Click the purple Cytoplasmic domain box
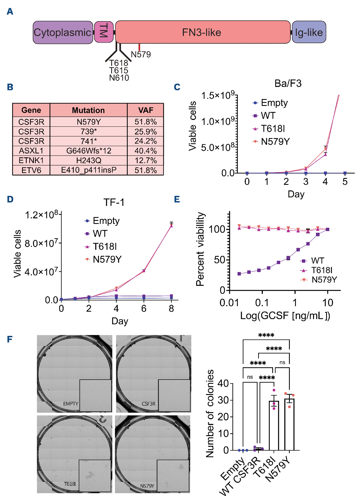[63, 32]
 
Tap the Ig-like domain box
[309, 32]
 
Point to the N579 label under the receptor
[141, 54]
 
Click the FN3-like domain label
[201, 32]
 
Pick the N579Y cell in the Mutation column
[89, 122]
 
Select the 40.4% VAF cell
[146, 151]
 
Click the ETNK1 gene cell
[31, 160]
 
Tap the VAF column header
[146, 110]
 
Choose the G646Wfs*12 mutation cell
[89, 151]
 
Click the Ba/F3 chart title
[288, 83]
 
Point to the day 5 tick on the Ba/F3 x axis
[345, 182]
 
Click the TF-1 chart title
[114, 202]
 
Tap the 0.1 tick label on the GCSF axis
[262, 303]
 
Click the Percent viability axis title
[200, 249]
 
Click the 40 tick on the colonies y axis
[223, 383]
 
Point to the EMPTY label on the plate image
[71, 404]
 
